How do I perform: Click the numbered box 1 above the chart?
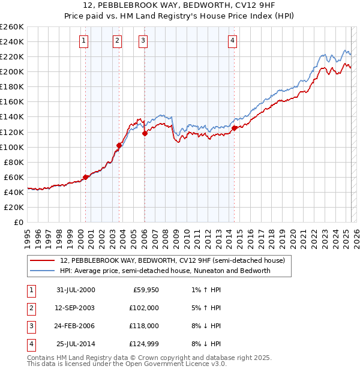tap(83, 41)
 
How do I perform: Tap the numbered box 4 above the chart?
tap(232, 41)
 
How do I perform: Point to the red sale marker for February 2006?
tap(145, 134)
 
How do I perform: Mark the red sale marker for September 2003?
tap(119, 145)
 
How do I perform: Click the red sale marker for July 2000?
tap(86, 177)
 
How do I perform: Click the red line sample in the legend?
tap(43, 260)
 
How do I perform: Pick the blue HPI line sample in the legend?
tap(43, 271)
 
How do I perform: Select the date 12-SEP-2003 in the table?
tap(75, 308)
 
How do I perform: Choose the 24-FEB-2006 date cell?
tap(75, 326)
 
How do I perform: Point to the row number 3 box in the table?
tap(30, 326)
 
